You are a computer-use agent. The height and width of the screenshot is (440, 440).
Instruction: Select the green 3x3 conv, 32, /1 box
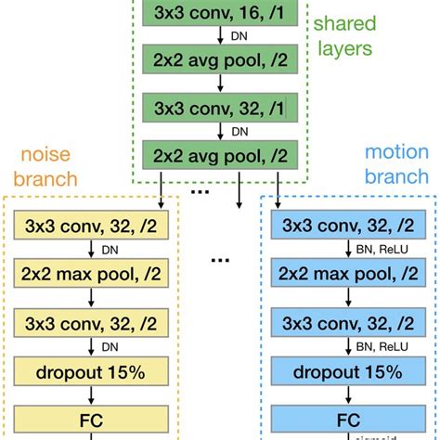tap(218, 109)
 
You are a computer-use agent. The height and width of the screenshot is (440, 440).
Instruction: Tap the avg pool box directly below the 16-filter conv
tap(218, 63)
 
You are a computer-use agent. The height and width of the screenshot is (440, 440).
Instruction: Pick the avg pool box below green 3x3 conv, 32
tap(218, 154)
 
